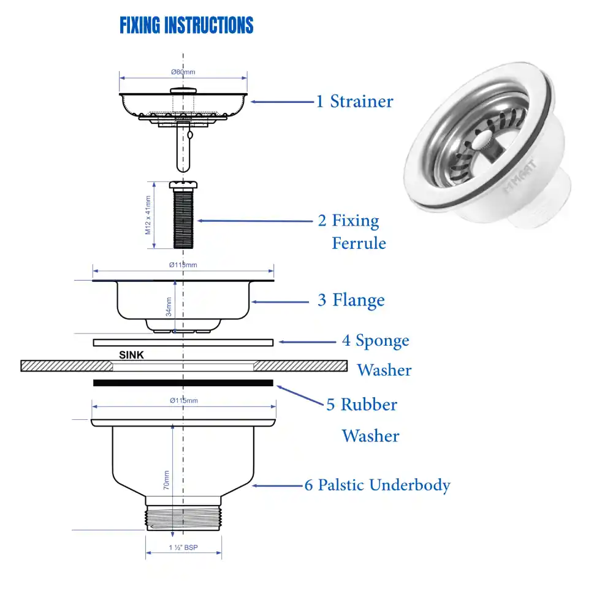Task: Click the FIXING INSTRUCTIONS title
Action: pyautogui.click(x=186, y=26)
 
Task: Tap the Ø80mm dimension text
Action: pyautogui.click(x=183, y=72)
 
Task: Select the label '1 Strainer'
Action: pyautogui.click(x=354, y=101)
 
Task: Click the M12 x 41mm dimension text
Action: pyautogui.click(x=148, y=215)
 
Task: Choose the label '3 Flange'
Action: pyautogui.click(x=351, y=300)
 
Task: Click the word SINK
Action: pyautogui.click(x=131, y=354)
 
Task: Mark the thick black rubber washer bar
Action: pyautogui.click(x=183, y=383)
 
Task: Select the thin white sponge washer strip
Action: pyautogui.click(x=183, y=343)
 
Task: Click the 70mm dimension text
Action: pyautogui.click(x=166, y=480)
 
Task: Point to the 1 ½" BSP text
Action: pyautogui.click(x=183, y=548)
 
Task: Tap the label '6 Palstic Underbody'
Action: pyautogui.click(x=377, y=485)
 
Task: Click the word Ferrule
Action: pyautogui.click(x=359, y=243)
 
